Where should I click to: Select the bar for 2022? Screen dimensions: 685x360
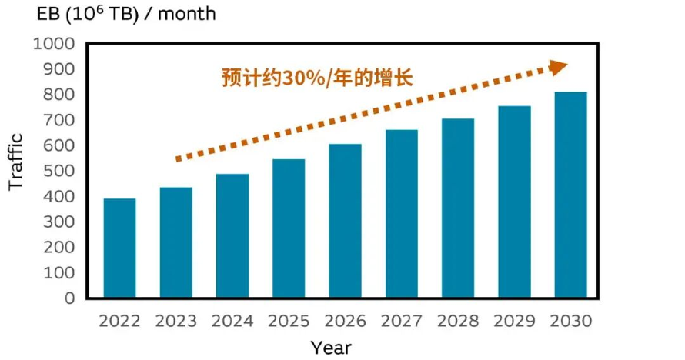click(x=120, y=248)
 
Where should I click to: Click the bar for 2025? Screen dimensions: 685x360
click(x=289, y=228)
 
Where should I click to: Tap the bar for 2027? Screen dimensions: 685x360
click(x=402, y=214)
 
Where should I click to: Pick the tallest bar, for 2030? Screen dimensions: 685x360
click(x=571, y=195)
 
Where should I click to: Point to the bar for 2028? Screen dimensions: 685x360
click(x=458, y=208)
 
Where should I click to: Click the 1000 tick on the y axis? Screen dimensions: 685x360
click(x=54, y=44)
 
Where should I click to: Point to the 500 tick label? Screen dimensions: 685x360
click(x=59, y=171)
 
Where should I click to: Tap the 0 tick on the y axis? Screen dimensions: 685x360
click(x=70, y=298)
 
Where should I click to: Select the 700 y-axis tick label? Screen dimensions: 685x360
click(x=59, y=120)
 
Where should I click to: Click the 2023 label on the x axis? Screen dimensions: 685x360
click(x=176, y=322)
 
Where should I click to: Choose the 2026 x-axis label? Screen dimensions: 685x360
click(x=345, y=322)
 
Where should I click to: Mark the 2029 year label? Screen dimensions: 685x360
click(x=514, y=322)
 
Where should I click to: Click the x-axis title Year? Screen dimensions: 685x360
click(x=331, y=348)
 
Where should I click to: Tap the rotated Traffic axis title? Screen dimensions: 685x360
click(x=15, y=162)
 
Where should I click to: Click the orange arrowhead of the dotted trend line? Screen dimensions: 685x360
click(x=557, y=68)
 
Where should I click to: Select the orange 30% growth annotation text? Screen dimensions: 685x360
click(x=317, y=78)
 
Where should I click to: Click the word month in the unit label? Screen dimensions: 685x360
click(x=186, y=14)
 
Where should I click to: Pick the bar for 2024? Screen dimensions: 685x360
click(x=232, y=235)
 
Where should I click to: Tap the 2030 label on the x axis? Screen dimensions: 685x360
click(x=570, y=322)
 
